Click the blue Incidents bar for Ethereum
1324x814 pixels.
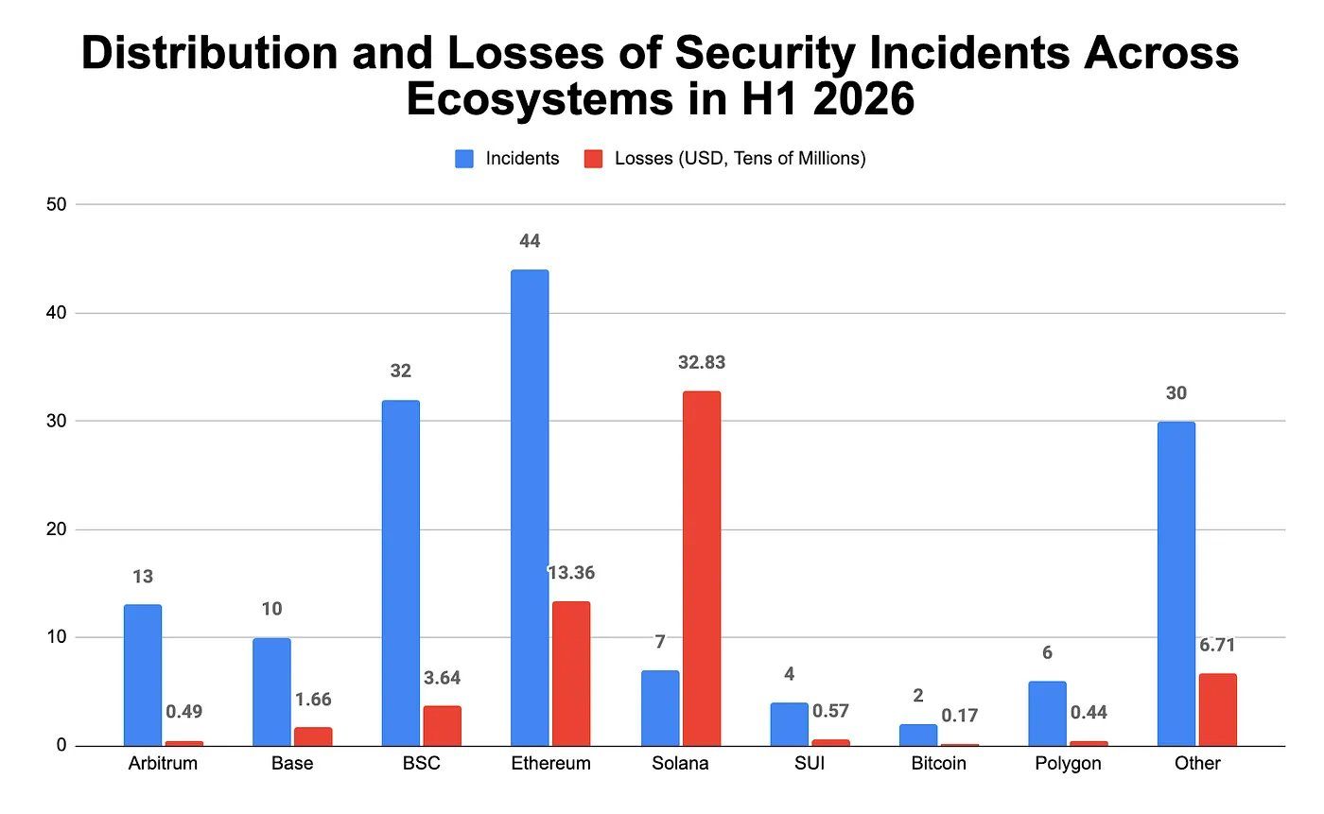coord(530,508)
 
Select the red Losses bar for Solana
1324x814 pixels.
coord(702,568)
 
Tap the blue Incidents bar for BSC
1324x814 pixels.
coord(401,573)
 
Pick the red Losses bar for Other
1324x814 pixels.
coord(1218,709)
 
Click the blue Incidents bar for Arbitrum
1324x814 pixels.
coord(143,675)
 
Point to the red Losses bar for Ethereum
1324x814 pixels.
coord(571,673)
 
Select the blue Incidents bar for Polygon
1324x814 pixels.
coord(1048,714)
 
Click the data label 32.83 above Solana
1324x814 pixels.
coord(702,362)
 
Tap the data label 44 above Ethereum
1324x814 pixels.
coord(530,241)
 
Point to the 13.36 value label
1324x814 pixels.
coord(571,572)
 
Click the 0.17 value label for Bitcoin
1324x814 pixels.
coord(959,716)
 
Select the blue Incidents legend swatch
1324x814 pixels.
coord(464,159)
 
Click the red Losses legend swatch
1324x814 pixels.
coord(594,159)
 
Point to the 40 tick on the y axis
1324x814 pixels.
coord(57,313)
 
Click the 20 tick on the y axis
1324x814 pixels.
coord(57,528)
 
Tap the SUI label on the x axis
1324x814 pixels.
coord(810,763)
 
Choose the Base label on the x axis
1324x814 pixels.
coord(292,763)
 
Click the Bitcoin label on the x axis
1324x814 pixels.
coord(938,763)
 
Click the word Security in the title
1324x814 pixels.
coord(765,53)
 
